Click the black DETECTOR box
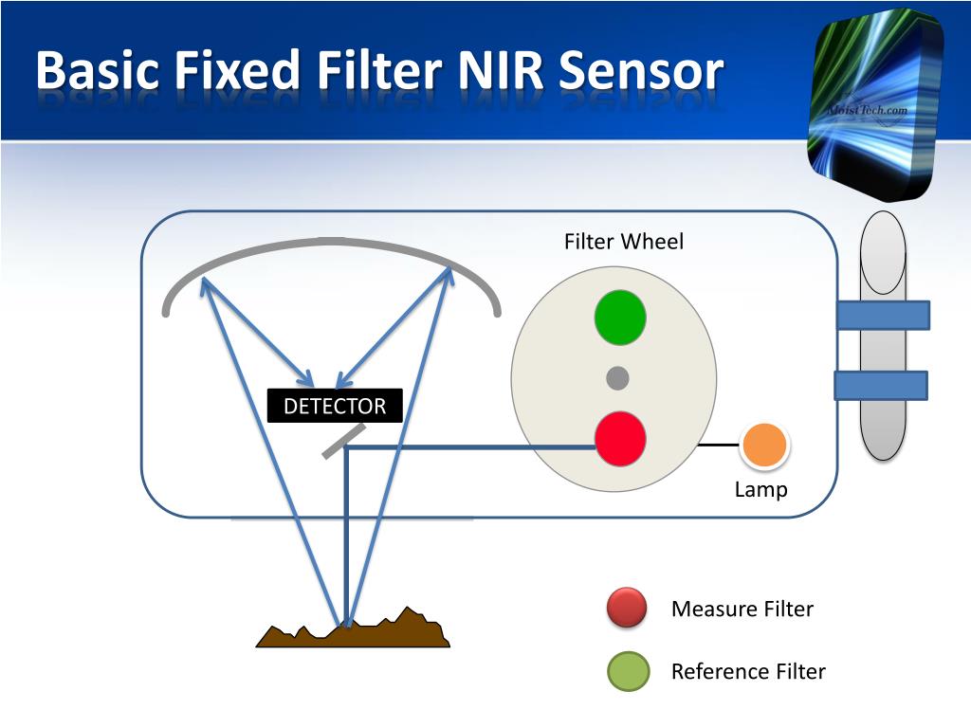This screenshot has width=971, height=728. (335, 407)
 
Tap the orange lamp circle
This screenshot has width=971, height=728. (764, 446)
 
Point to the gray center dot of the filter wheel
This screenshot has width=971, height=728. (617, 378)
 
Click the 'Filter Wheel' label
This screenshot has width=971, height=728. (623, 242)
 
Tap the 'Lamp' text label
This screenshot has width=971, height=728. (760, 490)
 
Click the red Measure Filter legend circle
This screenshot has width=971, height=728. (627, 609)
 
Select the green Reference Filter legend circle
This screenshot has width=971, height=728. (628, 671)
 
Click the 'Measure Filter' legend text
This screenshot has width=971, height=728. (742, 609)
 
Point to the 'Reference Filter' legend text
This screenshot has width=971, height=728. (748, 671)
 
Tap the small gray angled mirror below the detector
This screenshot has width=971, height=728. (343, 441)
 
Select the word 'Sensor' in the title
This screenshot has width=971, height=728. (640, 72)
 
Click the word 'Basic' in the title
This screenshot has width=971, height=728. (102, 72)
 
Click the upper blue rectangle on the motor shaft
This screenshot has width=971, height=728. (883, 315)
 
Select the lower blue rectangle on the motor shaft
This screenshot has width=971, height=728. (881, 385)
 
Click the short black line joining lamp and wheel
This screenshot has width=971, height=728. (719, 444)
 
